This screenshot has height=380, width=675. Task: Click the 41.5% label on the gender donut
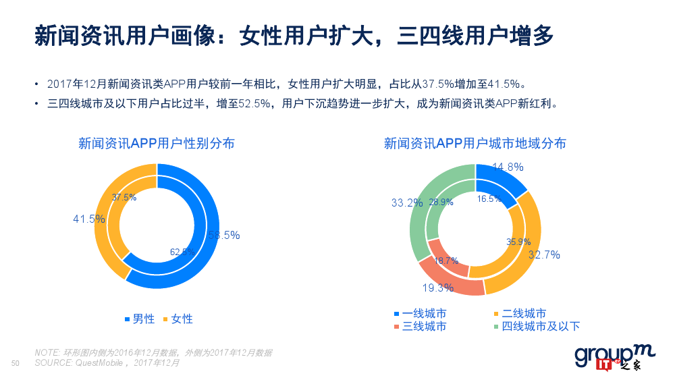[89, 219]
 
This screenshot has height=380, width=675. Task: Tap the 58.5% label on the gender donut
[223, 236]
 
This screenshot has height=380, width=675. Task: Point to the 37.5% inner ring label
[124, 198]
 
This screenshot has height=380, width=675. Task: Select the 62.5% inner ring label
[182, 252]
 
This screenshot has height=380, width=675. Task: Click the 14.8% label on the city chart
[508, 167]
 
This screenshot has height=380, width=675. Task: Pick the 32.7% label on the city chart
[544, 254]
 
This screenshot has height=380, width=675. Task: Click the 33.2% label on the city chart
[407, 202]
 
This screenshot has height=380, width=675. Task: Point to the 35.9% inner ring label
[519, 242]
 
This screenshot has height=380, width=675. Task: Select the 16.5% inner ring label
[489, 198]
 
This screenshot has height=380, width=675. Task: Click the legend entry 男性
[139, 319]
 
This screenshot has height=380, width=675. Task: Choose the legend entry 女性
[178, 319]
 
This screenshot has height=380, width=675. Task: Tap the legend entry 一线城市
[419, 314]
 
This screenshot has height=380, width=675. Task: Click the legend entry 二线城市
[520, 314]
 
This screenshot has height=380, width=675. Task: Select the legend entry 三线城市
[419, 327]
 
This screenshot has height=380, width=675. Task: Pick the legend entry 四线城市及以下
[536, 327]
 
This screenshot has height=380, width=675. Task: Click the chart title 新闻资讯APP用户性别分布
[157, 143]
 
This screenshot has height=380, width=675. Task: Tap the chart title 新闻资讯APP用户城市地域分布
[475, 143]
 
